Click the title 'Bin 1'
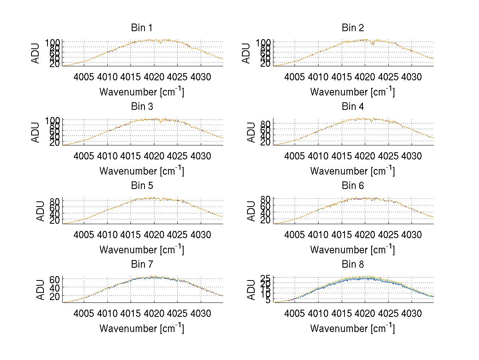[142, 28]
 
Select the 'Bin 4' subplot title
[353, 107]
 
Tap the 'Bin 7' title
[142, 265]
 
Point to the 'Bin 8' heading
[353, 265]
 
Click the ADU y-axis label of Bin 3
[36, 132]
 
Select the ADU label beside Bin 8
[251, 290]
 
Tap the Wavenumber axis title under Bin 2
[352, 92]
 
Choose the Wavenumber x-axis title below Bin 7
[142, 328]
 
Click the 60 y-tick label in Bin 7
[55, 279]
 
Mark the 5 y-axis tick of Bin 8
[267, 300]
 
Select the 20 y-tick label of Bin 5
[55, 220]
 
